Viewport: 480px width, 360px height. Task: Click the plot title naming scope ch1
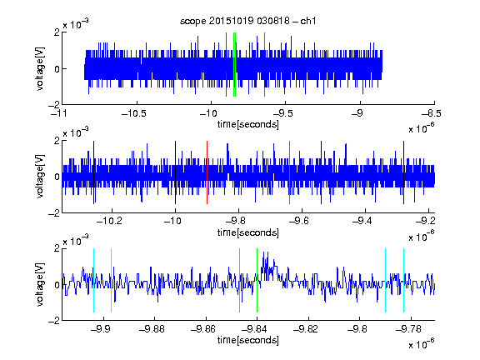pos(248,21)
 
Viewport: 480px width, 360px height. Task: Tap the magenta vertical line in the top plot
pos(264,65)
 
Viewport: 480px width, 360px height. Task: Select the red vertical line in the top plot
pos(226,65)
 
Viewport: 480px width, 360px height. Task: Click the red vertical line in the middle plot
pos(207,172)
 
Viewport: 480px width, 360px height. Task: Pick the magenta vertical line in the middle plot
pos(290,172)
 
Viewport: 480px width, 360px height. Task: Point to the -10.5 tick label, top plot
pos(134,114)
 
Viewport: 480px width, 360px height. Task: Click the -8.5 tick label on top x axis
pos(432,114)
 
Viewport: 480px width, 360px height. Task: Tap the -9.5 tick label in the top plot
pos(283,114)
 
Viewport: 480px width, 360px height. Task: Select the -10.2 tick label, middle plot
pos(109,221)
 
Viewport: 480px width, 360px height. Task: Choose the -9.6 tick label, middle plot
pos(299,221)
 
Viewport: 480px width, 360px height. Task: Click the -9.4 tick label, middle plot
pos(362,221)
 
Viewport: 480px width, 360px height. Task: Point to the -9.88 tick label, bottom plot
pos(152,329)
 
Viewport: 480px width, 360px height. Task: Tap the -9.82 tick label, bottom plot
pos(306,329)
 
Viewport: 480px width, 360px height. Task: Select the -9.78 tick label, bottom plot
pos(408,329)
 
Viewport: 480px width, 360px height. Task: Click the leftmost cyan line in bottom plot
pos(93,280)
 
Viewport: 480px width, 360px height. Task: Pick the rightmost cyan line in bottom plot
pos(404,280)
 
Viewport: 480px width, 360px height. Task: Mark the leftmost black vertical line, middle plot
pos(93,172)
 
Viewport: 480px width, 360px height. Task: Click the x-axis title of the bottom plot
pos(248,340)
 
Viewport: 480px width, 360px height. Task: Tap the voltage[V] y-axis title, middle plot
pos(40,177)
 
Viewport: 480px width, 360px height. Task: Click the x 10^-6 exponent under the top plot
pos(422,128)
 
